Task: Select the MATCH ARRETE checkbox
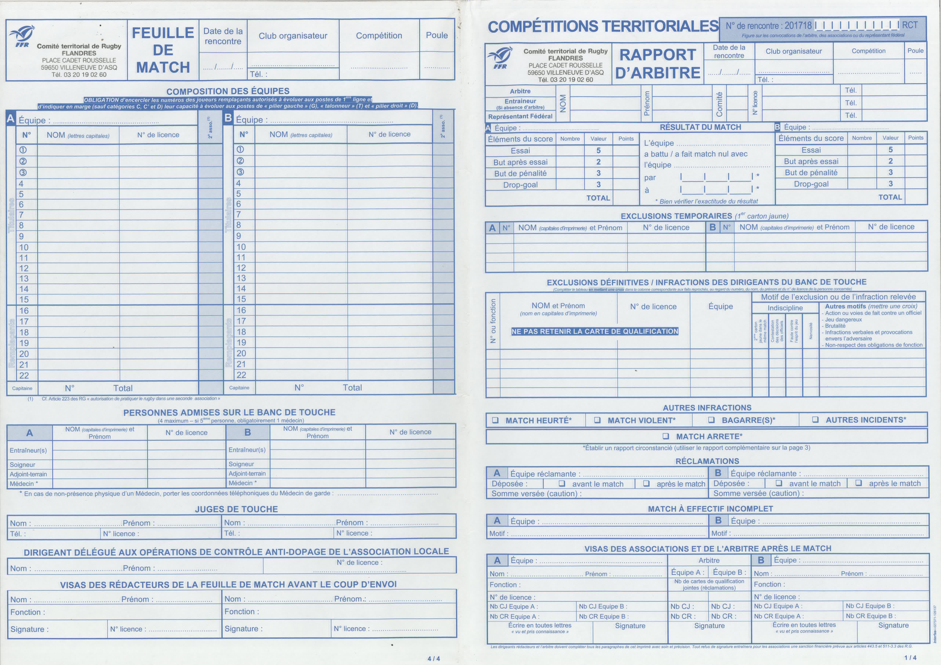tap(666, 436)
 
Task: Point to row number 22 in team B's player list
tap(241, 375)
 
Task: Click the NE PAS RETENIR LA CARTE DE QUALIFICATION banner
tap(595, 332)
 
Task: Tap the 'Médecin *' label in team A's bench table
tap(24, 483)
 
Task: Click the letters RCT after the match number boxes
tap(910, 25)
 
